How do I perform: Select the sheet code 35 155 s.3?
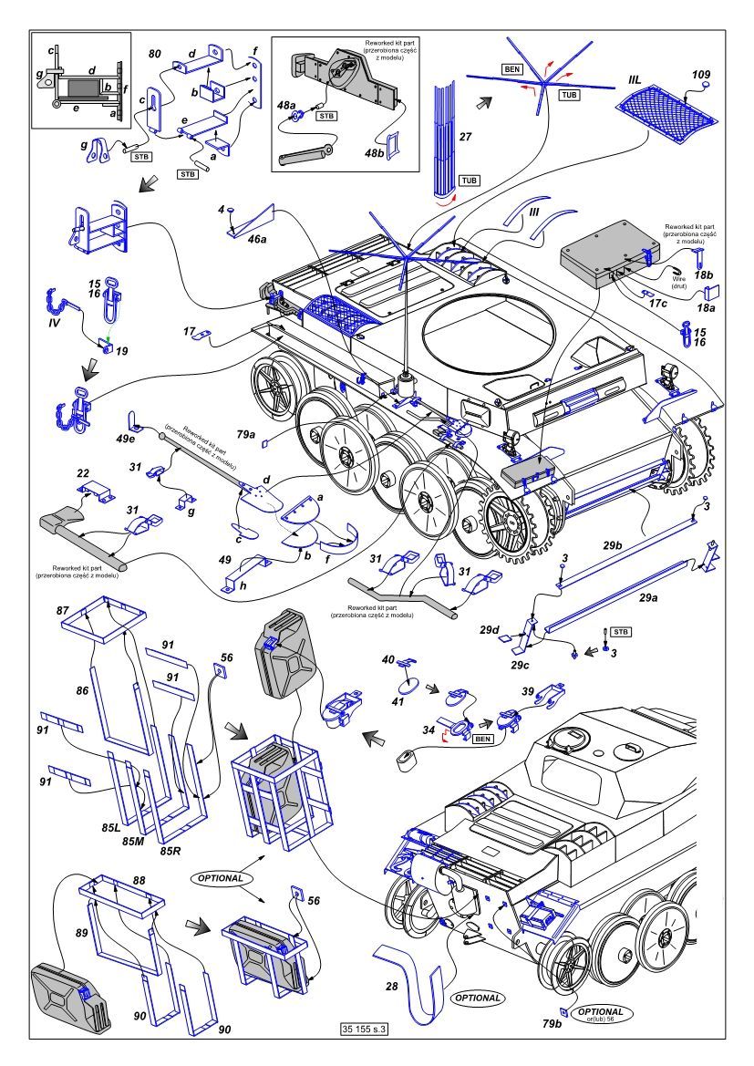pyautogui.click(x=364, y=1028)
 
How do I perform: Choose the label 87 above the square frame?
pyautogui.click(x=63, y=607)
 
